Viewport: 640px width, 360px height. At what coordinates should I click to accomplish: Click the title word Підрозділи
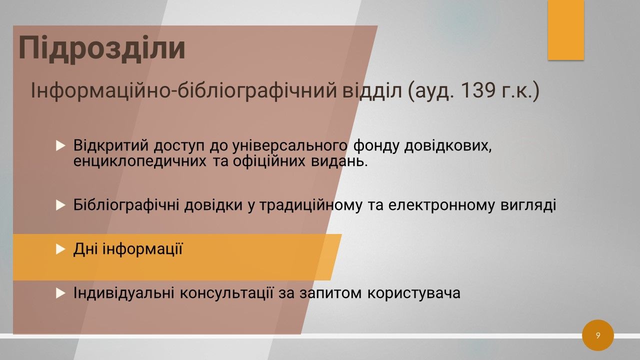[102, 47]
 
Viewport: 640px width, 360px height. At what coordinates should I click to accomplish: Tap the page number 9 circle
[597, 335]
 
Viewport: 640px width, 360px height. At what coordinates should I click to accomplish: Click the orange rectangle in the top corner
[565, 30]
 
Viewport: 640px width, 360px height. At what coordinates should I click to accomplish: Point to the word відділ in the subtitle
[372, 90]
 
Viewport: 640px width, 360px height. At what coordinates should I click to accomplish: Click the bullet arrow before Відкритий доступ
[60, 145]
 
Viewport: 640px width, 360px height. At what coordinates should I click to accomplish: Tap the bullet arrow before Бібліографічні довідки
[60, 205]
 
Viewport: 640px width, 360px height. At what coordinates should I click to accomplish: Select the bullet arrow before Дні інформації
[60, 249]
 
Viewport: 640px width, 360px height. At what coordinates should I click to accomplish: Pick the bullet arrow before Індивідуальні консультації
[60, 293]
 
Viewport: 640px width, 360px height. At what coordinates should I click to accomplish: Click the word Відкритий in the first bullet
[111, 145]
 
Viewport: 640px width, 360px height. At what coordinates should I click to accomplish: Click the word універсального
[290, 146]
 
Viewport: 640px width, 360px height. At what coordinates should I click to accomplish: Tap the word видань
[339, 161]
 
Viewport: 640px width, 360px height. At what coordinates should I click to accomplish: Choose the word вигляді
[528, 205]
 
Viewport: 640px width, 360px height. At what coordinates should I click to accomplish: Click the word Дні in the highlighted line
[85, 249]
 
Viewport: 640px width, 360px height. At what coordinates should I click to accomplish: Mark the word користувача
[413, 293]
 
